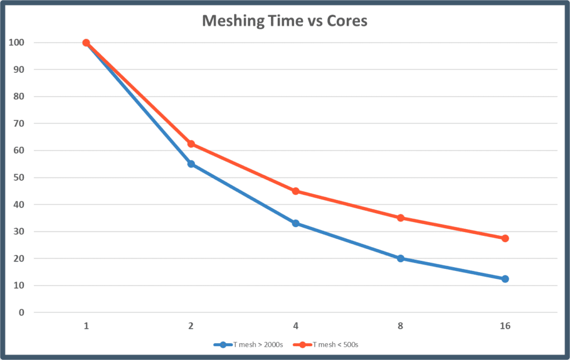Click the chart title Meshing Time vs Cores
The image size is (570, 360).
point(284,21)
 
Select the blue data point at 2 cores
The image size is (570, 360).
point(191,164)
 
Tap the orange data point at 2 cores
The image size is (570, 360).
point(191,144)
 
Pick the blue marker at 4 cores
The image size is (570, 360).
point(296,223)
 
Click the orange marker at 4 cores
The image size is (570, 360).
point(296,191)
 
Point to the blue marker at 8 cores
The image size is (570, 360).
point(400,258)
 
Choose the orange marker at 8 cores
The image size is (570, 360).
point(400,218)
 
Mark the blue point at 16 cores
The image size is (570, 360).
point(505,279)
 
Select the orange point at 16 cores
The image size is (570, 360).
point(505,238)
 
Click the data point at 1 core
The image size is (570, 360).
point(86,43)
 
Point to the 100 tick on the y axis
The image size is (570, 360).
point(17,43)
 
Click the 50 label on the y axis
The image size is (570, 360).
point(19,177)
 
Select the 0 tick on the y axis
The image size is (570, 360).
point(22,313)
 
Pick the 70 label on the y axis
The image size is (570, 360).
point(19,124)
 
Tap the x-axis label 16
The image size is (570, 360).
point(505,326)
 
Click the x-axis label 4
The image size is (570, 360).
point(296,326)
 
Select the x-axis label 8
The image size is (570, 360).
point(400,326)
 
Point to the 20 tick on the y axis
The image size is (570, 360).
point(19,259)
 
